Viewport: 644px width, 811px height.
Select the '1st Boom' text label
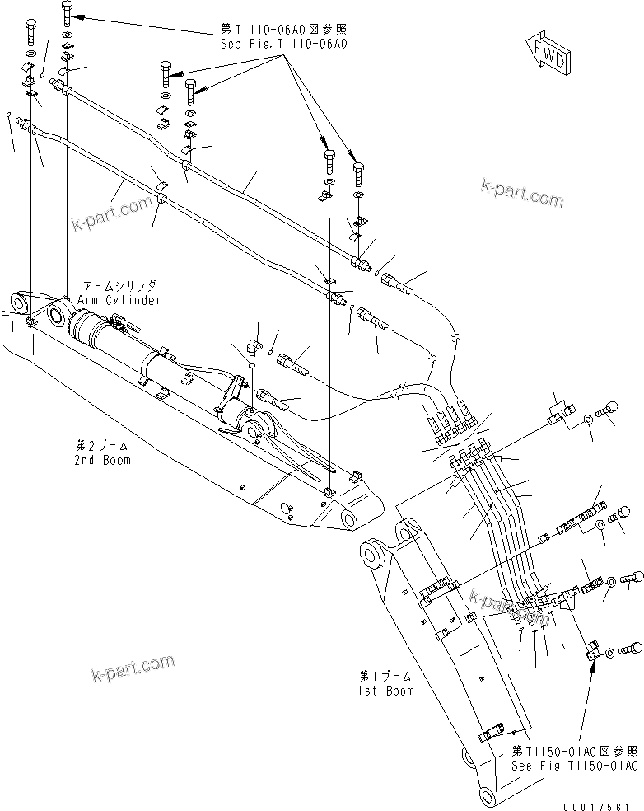386,690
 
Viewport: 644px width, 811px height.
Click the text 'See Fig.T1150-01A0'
574,766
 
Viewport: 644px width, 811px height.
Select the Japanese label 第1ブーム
386,677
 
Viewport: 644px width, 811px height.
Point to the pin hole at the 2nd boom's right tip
348,520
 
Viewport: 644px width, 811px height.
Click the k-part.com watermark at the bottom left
133,662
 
